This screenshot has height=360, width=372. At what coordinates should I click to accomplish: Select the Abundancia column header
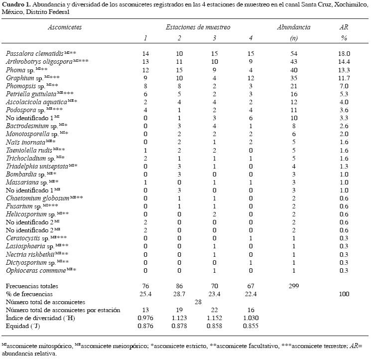(x=293, y=27)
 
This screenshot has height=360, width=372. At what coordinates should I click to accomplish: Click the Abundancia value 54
(x=293, y=53)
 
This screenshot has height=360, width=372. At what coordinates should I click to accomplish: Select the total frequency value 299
(x=293, y=286)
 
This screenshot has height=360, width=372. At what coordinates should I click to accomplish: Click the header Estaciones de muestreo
(x=198, y=27)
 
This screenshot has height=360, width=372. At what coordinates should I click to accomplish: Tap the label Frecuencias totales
(x=31, y=286)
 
